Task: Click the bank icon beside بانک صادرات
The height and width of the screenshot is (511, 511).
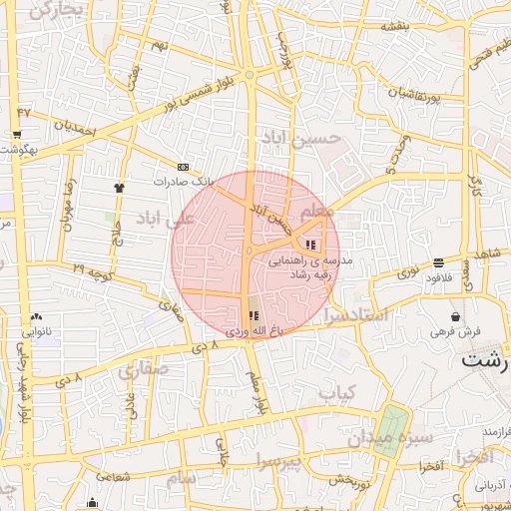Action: click(x=183, y=167)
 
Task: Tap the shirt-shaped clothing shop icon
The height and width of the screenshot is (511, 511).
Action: click(x=120, y=186)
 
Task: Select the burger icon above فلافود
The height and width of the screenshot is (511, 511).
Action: click(x=439, y=262)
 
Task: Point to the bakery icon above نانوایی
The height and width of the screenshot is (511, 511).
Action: click(x=37, y=316)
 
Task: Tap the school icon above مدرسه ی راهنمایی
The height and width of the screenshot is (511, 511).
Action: click(x=311, y=245)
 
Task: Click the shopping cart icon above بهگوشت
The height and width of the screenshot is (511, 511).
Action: click(x=17, y=134)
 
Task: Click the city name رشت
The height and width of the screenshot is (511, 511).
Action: click(x=484, y=362)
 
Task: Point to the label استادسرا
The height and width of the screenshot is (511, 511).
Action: click(x=362, y=316)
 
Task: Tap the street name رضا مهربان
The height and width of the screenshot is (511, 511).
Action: click(x=69, y=206)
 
